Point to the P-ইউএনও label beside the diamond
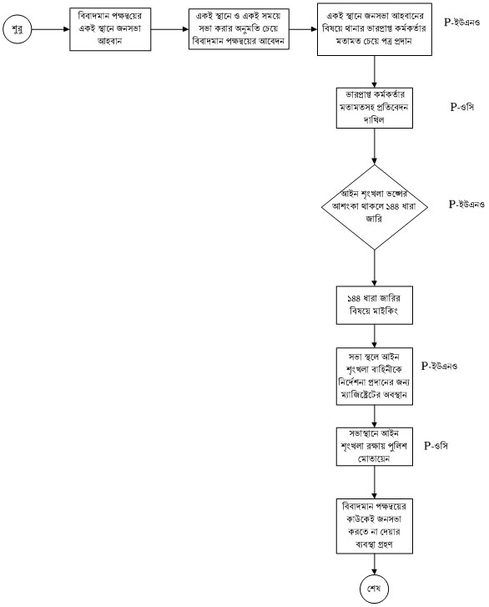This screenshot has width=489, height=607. pyautogui.click(x=466, y=204)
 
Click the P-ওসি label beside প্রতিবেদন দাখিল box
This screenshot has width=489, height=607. pyautogui.click(x=462, y=107)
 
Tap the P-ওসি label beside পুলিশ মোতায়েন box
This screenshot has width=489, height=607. pyautogui.click(x=436, y=446)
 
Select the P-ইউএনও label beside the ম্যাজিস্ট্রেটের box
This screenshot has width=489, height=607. pyautogui.click(x=439, y=366)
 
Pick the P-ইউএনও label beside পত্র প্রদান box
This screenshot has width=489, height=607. pyautogui.click(x=462, y=22)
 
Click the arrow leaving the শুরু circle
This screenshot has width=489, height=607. pyautogui.click(x=50, y=29)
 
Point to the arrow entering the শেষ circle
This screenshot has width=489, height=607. pyautogui.click(x=375, y=564)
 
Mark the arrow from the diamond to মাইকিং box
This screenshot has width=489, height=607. pyautogui.click(x=375, y=268)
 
